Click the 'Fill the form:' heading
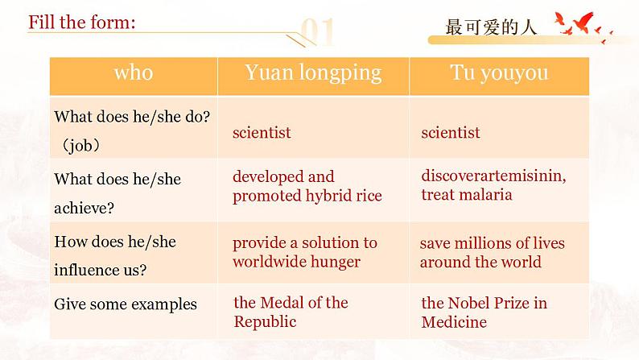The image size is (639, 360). (x=81, y=22)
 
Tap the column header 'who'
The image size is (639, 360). (x=134, y=73)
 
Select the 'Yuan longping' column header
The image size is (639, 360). (x=313, y=73)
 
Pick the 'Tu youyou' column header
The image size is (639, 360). (x=499, y=73)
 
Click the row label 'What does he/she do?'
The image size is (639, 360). (x=132, y=116)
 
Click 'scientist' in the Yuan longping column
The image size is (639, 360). (x=262, y=132)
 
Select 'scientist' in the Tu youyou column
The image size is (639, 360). (x=451, y=132)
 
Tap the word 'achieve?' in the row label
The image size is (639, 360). (x=84, y=208)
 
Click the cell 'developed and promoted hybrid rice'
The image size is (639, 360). (x=307, y=186)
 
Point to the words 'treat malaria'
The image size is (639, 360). (x=467, y=194)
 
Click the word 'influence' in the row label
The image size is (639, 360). (x=85, y=271)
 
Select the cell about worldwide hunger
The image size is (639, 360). (x=304, y=252)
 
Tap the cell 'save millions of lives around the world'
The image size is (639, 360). (x=492, y=252)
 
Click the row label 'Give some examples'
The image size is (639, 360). (x=126, y=304)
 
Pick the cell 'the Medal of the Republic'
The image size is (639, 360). (x=290, y=312)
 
